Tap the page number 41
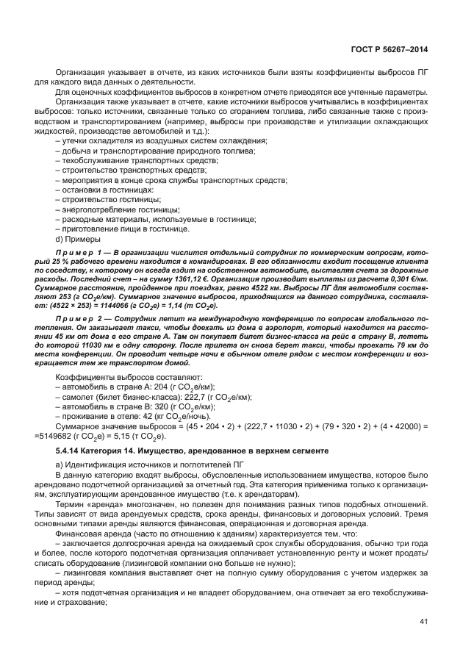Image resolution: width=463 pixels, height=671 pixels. pyautogui.click(x=423, y=643)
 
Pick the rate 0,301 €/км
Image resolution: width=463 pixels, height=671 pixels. pyautogui.click(x=408, y=279)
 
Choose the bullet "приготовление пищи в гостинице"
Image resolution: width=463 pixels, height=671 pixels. pyautogui.click(x=118, y=229)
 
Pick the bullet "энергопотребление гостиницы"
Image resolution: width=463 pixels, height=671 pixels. pyautogui.click(x=112, y=209)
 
